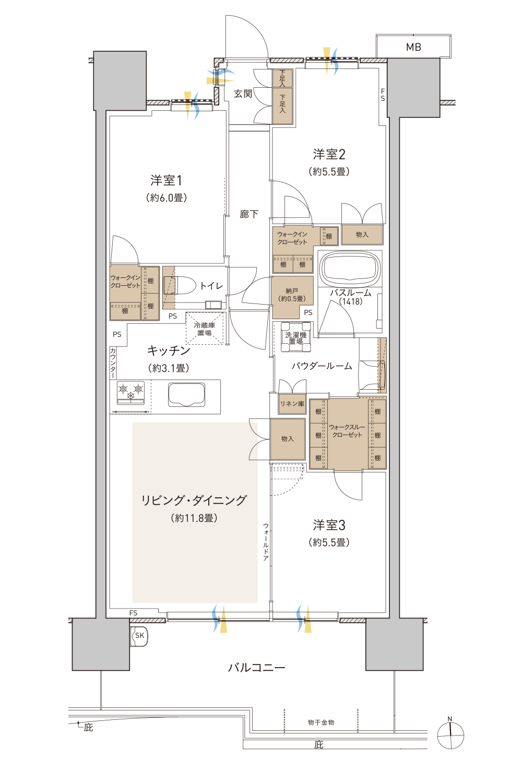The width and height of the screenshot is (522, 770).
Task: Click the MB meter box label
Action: (x=413, y=47)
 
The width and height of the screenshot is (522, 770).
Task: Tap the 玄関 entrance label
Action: (x=243, y=94)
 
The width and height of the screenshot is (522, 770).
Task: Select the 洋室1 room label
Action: (x=166, y=180)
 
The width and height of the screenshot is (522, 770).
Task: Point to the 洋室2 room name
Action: (x=329, y=154)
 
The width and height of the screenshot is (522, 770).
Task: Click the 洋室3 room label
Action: (x=329, y=525)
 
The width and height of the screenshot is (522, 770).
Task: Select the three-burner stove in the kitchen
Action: (x=130, y=392)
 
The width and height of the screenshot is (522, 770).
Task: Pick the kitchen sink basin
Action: (x=187, y=395)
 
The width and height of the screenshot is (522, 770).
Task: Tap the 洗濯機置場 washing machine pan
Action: (x=295, y=337)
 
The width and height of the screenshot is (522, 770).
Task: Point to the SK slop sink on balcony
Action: (x=139, y=636)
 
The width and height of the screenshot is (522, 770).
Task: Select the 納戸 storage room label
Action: (x=292, y=295)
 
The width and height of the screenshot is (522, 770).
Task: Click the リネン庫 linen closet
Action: (x=292, y=404)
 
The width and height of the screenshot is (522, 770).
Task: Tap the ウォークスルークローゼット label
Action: (x=347, y=431)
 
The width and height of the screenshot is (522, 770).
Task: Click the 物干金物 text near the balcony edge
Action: (x=321, y=722)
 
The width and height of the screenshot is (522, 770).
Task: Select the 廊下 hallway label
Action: (x=249, y=214)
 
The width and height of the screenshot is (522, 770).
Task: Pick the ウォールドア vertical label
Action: (x=266, y=542)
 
